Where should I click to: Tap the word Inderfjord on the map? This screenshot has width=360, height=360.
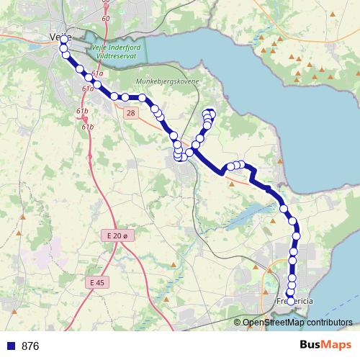click(118, 44)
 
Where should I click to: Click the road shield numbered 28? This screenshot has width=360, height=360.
click(130, 113)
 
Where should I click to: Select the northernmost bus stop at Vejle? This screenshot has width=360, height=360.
click(63, 39)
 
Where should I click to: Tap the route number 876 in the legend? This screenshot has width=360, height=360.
click(30, 346)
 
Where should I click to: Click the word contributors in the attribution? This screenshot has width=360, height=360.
click(330, 322)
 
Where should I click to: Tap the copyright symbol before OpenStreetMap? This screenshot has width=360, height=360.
click(238, 322)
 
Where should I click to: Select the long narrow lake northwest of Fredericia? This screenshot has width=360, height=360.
click(248, 214)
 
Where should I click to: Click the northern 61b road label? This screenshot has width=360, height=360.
click(82, 110)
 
